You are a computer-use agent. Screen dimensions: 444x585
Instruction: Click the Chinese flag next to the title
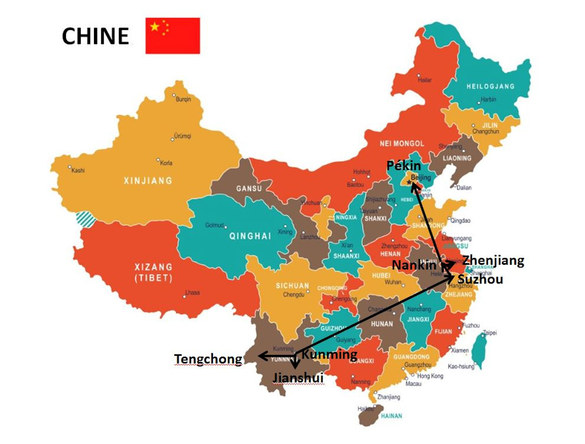(x=172, y=36)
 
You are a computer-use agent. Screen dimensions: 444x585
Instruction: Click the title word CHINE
(x=96, y=36)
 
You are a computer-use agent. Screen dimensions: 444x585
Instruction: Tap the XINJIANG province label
(x=148, y=180)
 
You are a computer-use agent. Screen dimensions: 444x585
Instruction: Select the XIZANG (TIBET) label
(x=153, y=272)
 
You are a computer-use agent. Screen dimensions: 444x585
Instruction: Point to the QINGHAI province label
(x=250, y=236)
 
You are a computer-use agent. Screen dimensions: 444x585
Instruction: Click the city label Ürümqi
(x=182, y=136)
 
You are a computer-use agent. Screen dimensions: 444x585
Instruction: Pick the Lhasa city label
(x=192, y=292)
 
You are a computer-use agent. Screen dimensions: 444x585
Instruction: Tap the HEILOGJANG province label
(x=490, y=86)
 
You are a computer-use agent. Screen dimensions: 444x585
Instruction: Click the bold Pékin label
(x=403, y=166)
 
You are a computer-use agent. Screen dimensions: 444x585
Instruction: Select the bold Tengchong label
(x=208, y=358)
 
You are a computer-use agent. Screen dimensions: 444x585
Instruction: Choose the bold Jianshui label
(x=298, y=378)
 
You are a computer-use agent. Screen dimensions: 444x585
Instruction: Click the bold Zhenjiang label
(x=493, y=260)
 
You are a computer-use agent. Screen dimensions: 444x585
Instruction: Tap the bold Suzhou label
(x=480, y=279)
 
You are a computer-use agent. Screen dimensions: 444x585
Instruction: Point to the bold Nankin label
(x=414, y=265)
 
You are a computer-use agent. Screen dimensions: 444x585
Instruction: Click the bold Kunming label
(x=329, y=354)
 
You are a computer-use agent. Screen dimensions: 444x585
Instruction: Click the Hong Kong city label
(x=430, y=376)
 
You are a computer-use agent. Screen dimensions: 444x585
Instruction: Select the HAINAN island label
(x=391, y=416)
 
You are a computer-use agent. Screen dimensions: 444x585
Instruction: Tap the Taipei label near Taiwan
(x=490, y=333)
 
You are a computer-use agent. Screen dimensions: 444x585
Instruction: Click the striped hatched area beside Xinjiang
(x=86, y=219)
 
